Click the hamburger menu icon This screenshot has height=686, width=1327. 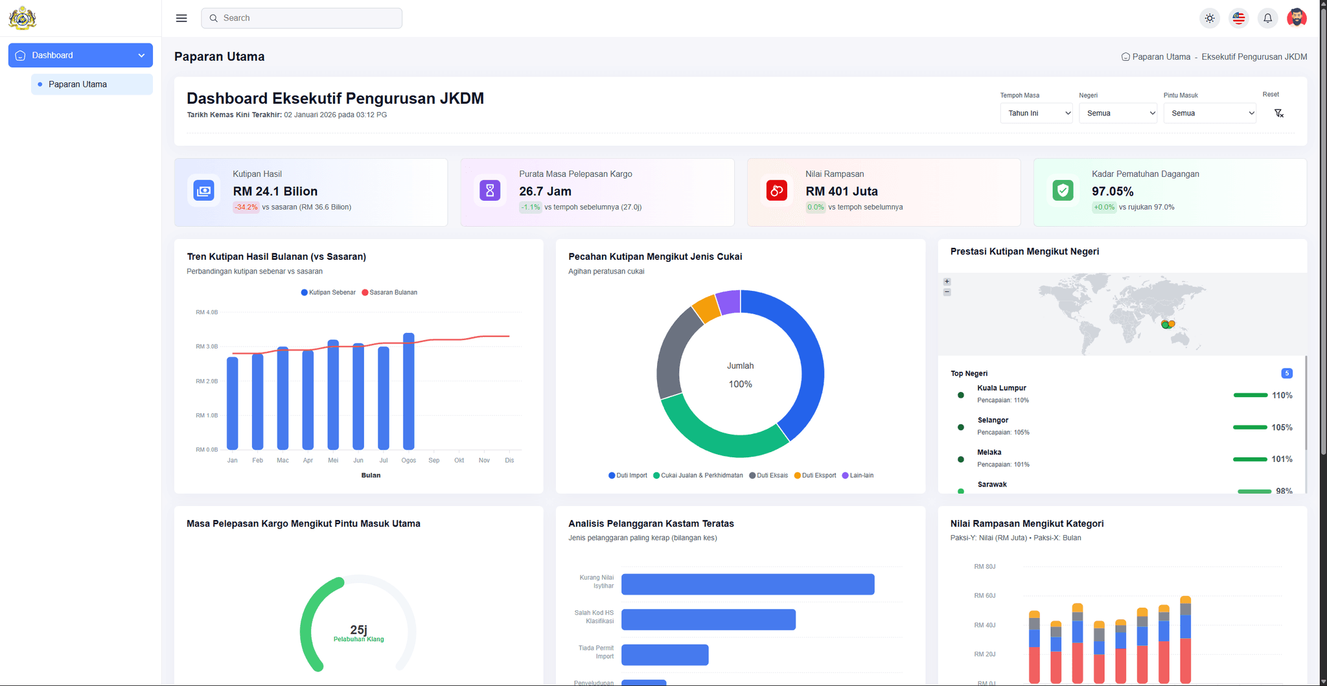pyautogui.click(x=181, y=18)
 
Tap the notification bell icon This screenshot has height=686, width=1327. pyautogui.click(x=1267, y=18)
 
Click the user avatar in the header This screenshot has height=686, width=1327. pyautogui.click(x=1297, y=18)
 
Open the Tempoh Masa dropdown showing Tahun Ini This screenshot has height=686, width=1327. pyautogui.click(x=1036, y=113)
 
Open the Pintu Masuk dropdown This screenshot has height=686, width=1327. pyautogui.click(x=1210, y=113)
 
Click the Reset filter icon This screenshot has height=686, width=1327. pyautogui.click(x=1278, y=113)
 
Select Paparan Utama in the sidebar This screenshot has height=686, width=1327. pyautogui.click(x=78, y=84)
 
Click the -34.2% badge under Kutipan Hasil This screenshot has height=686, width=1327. pyautogui.click(x=246, y=207)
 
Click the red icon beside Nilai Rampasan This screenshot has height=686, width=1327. pyautogui.click(x=777, y=190)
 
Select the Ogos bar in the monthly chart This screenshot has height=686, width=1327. pyautogui.click(x=409, y=391)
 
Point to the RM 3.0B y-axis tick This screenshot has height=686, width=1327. pyautogui.click(x=207, y=347)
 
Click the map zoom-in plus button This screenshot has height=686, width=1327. pyautogui.click(x=947, y=282)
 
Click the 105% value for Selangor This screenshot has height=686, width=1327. pyautogui.click(x=1282, y=428)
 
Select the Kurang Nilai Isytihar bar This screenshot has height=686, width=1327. pyautogui.click(x=748, y=584)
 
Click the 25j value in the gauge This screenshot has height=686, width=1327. pyautogui.click(x=358, y=630)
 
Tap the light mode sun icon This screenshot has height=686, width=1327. pyautogui.click(x=1210, y=18)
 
